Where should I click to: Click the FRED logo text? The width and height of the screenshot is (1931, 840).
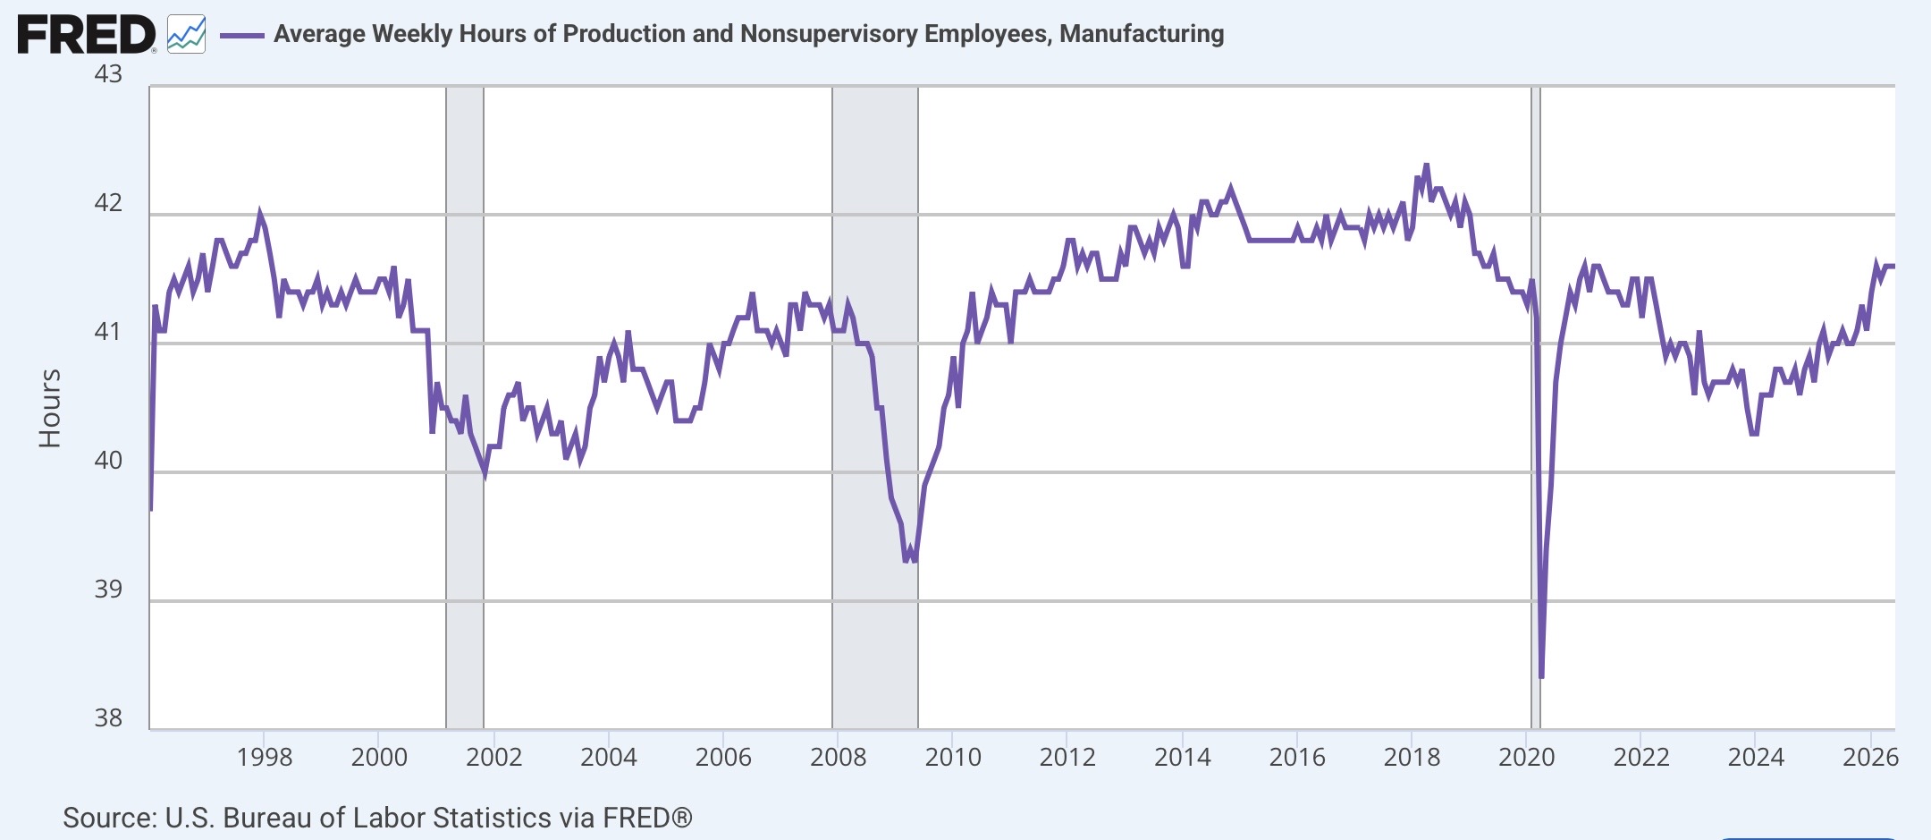[87, 35]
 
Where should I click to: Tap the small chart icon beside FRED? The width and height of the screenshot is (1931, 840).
[186, 35]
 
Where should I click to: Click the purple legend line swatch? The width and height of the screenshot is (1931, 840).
[242, 35]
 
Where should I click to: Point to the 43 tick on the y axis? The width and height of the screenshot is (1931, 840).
[108, 73]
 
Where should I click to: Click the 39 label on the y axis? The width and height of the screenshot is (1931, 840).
[108, 589]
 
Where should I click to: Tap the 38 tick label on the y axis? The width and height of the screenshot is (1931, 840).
[108, 717]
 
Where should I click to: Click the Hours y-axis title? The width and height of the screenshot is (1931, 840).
[50, 408]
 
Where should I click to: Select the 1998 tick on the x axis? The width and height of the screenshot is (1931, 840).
[264, 757]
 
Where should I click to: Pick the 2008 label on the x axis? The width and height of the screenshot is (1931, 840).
[838, 757]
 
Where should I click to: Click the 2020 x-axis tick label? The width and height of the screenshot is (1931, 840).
[1527, 757]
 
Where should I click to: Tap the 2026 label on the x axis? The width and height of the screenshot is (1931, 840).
[1871, 757]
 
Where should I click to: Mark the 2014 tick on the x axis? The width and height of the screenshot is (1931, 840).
[1182, 757]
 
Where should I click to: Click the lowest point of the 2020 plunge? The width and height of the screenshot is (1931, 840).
[1541, 677]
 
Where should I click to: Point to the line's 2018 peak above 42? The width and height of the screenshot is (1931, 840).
[1426, 165]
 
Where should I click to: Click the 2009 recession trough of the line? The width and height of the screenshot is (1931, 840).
[906, 561]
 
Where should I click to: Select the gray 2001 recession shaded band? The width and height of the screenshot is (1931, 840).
[465, 408]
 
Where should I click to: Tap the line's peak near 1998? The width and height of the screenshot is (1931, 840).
[260, 214]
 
